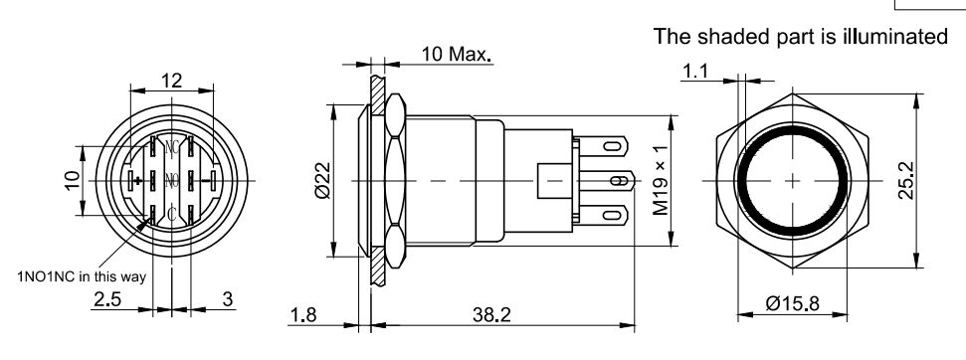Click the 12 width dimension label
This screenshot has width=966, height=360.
pyautogui.click(x=172, y=81)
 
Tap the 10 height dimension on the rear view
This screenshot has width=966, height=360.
pyautogui.click(x=73, y=181)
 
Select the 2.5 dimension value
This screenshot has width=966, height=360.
pyautogui.click(x=107, y=299)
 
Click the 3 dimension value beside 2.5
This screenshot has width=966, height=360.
pyautogui.click(x=228, y=299)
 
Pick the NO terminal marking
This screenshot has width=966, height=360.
pyautogui.click(x=172, y=180)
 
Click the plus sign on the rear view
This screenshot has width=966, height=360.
pyautogui.click(x=137, y=180)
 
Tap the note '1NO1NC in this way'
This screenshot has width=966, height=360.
pyautogui.click(x=82, y=276)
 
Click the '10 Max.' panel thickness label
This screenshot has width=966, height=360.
pyautogui.click(x=457, y=54)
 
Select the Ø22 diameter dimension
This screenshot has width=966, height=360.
pyautogui.click(x=322, y=180)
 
